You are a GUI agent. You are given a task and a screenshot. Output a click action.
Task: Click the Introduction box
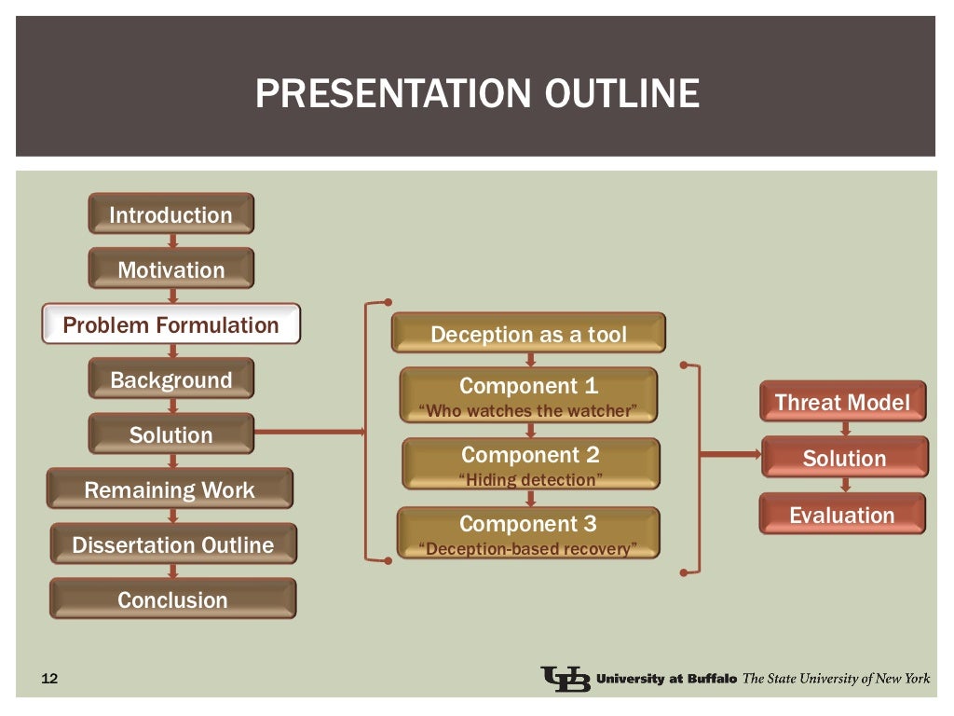click(x=170, y=214)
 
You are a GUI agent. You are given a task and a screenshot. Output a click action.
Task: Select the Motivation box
click(x=170, y=269)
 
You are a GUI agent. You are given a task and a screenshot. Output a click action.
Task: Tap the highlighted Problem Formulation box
click(x=170, y=325)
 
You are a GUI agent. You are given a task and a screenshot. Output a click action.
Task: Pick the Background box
click(x=170, y=379)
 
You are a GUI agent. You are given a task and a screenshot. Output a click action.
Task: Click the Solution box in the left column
click(x=170, y=434)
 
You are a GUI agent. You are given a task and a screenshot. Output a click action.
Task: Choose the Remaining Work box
click(x=170, y=489)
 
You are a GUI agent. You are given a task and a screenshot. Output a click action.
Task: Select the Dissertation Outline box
click(x=172, y=544)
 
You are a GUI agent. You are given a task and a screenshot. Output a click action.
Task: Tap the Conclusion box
click(x=172, y=599)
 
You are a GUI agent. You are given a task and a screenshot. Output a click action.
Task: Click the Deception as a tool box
click(x=528, y=334)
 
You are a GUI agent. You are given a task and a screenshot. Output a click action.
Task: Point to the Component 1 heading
click(x=528, y=386)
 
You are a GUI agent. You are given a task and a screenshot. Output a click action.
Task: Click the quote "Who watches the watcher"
click(x=528, y=410)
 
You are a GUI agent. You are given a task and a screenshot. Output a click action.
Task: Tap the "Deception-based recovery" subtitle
click(x=528, y=548)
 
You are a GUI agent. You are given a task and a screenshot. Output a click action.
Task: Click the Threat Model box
click(x=842, y=402)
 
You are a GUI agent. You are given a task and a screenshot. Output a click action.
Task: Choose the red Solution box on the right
click(x=844, y=458)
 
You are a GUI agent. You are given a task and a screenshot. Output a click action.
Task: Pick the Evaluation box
click(x=842, y=515)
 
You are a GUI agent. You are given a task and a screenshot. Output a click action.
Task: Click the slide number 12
click(x=50, y=679)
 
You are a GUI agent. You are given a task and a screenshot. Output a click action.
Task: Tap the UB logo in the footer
click(x=565, y=679)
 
